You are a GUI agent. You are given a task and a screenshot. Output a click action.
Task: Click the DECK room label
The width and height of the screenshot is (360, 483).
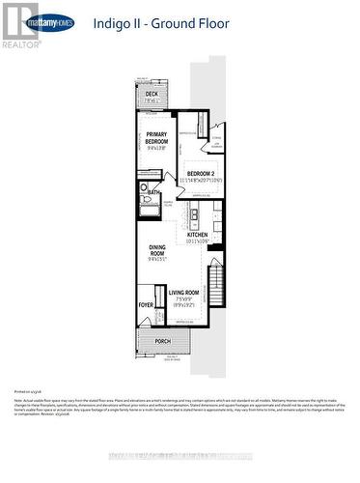pyautogui.click(x=152, y=94)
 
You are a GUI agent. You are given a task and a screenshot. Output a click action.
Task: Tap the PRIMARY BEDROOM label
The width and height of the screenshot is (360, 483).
pyautogui.click(x=157, y=138)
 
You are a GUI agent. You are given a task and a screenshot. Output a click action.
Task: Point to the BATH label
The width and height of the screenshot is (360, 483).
pyautogui.click(x=154, y=192)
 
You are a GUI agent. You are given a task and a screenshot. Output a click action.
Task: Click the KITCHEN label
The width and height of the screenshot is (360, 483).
pyautogui.click(x=197, y=235)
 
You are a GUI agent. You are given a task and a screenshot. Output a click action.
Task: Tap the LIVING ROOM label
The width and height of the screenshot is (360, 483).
pyautogui.click(x=183, y=292)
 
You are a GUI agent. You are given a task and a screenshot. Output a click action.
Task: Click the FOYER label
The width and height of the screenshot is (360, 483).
pyautogui.click(x=146, y=305)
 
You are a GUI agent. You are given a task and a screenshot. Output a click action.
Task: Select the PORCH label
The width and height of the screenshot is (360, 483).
pyautogui.click(x=163, y=340)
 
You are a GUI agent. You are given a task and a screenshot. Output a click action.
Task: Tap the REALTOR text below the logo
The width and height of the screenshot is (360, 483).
pyautogui.click(x=21, y=43)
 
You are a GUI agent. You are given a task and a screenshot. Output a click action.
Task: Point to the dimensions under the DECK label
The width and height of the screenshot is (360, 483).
pyautogui.click(x=152, y=101)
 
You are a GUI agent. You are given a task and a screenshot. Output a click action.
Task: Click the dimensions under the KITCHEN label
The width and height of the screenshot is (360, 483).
pyautogui.click(x=197, y=241)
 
